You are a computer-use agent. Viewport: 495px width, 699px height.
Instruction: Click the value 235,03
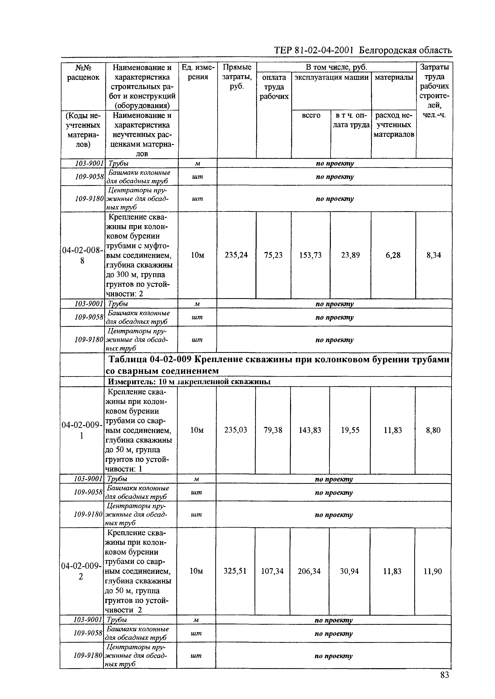pyautogui.click(x=236, y=430)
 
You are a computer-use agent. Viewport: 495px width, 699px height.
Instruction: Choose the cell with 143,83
pyautogui.click(x=310, y=430)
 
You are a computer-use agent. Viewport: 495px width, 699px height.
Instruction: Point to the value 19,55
pyautogui.click(x=350, y=430)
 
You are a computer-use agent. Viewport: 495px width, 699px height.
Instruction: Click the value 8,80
pyautogui.click(x=433, y=430)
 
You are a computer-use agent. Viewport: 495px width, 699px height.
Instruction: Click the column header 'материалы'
pyautogui.click(x=394, y=77)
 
